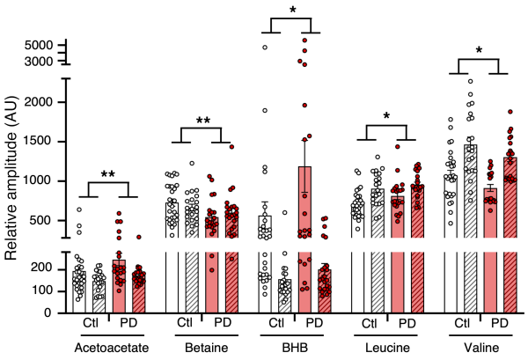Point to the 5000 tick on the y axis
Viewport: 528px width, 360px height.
coord(40,44)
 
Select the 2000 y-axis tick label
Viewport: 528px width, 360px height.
coord(40,102)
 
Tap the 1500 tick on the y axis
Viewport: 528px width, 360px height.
coord(40,141)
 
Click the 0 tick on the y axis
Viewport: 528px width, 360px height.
coord(50,312)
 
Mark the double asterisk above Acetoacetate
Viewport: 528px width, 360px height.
coord(108,175)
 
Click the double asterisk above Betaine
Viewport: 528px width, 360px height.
coord(203,121)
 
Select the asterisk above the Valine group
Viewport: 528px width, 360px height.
coord(479,50)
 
